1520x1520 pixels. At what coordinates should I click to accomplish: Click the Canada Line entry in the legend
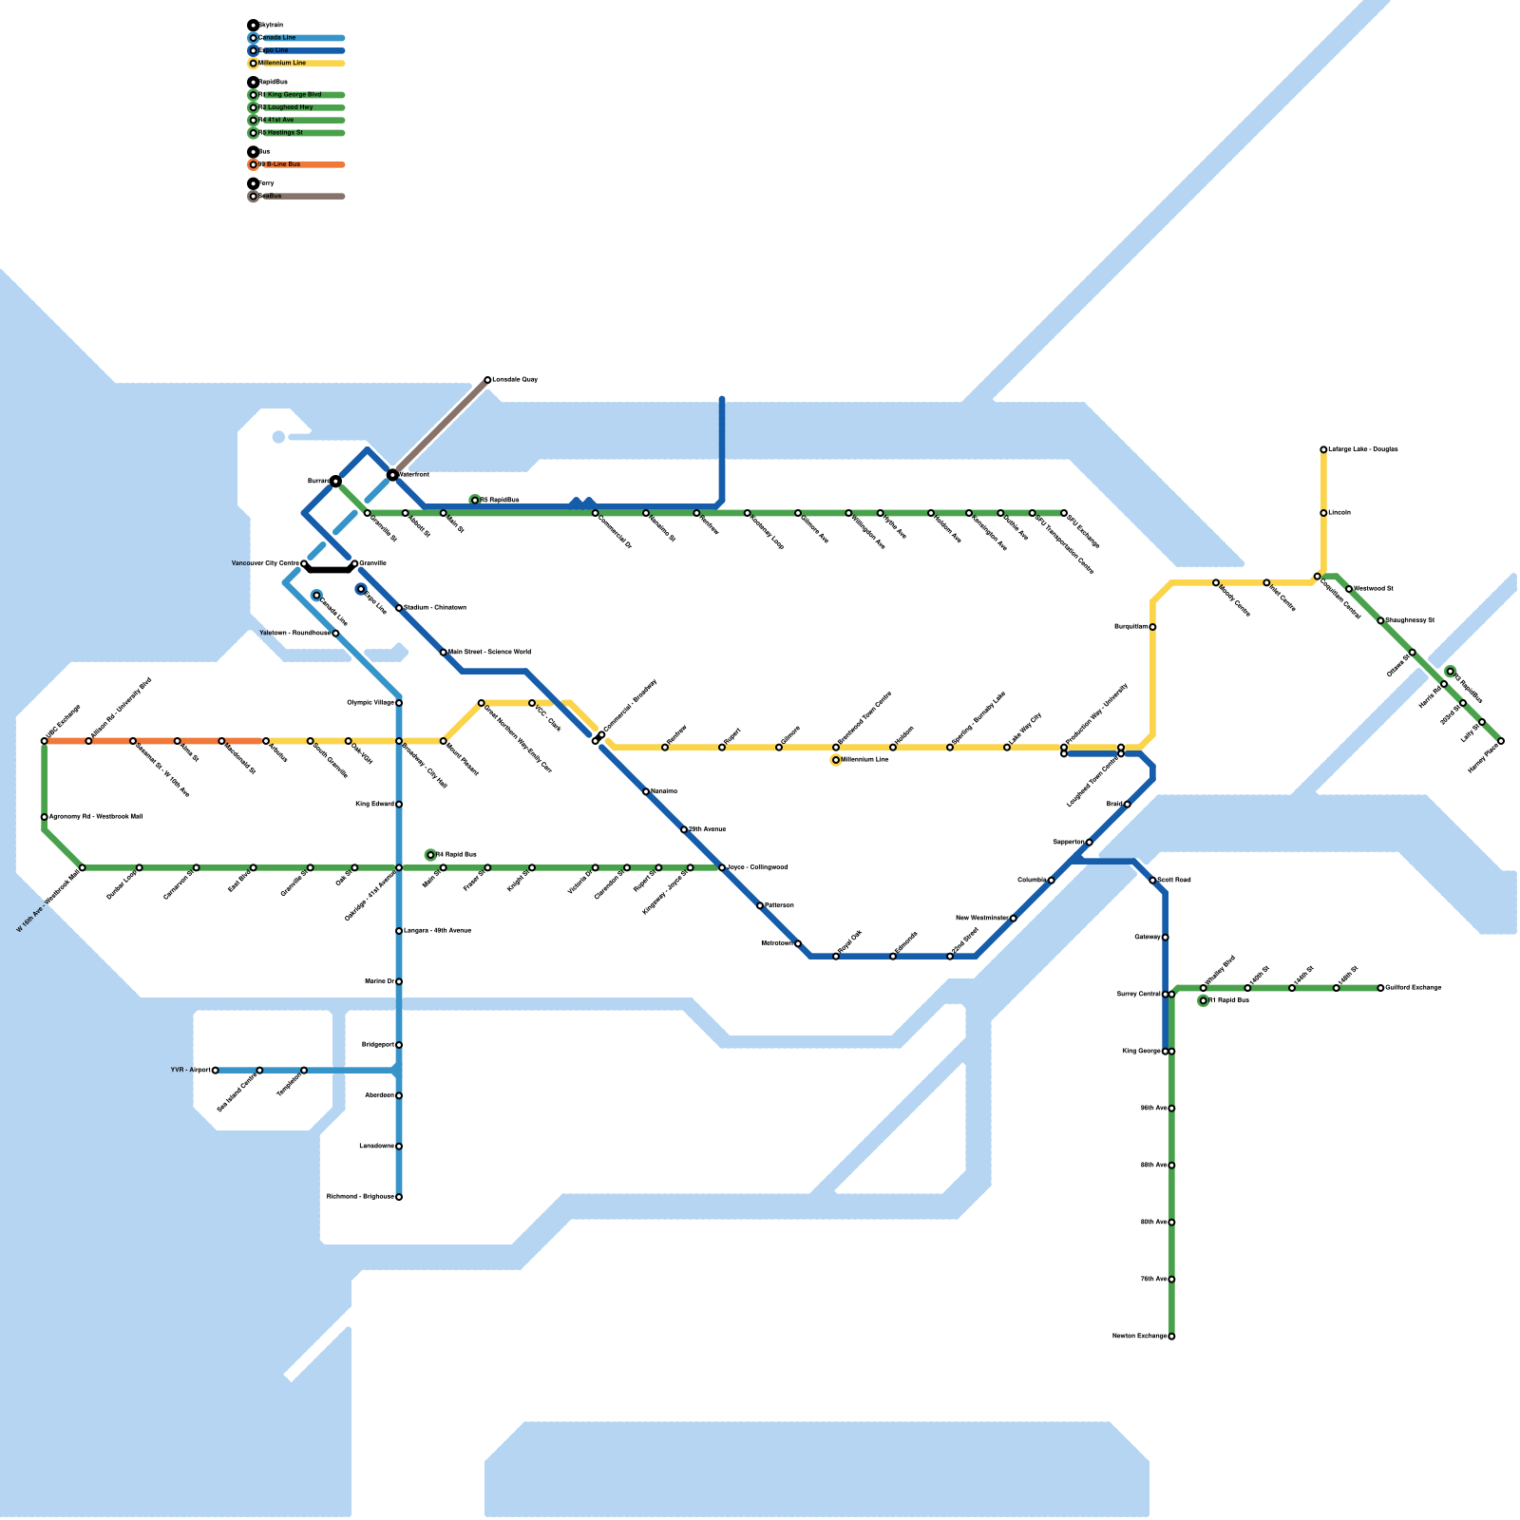(277, 38)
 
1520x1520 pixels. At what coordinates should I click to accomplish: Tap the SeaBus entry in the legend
(270, 197)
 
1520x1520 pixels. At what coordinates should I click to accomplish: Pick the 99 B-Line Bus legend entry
(281, 164)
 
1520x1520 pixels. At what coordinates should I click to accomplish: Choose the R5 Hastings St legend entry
(283, 133)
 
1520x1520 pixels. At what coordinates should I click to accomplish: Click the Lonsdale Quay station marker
(487, 380)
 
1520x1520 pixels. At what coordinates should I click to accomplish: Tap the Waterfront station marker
(392, 474)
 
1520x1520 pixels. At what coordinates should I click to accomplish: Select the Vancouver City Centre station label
(265, 563)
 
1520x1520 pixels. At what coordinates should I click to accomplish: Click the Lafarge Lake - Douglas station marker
(1323, 449)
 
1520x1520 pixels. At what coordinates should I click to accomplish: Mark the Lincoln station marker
(1323, 513)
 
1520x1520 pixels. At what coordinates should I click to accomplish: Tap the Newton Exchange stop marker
(1171, 1337)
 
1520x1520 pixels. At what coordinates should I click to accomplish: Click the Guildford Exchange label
(1414, 988)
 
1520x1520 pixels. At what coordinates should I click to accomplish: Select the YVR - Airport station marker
(216, 1071)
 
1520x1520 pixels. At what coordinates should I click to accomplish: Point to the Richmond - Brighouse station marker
(399, 1197)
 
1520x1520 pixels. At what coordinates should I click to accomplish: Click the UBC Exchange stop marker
(45, 741)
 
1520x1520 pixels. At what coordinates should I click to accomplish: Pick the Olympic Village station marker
(399, 703)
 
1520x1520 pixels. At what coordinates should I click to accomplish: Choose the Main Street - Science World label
(489, 653)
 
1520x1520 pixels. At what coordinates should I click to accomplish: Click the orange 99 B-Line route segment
(152, 741)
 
